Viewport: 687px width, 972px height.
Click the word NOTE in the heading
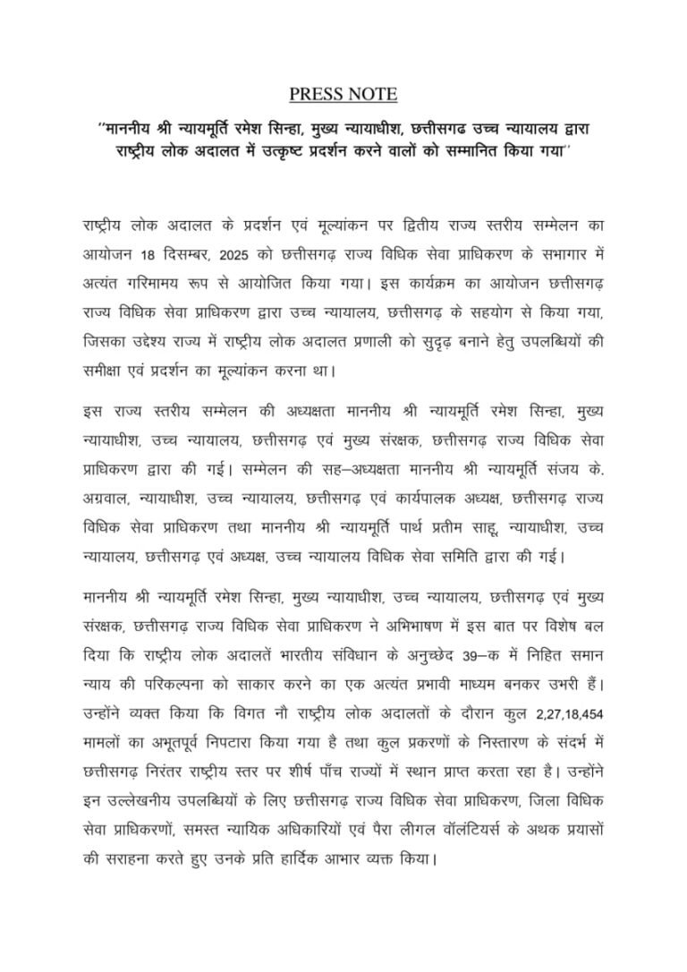[x=374, y=94]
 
